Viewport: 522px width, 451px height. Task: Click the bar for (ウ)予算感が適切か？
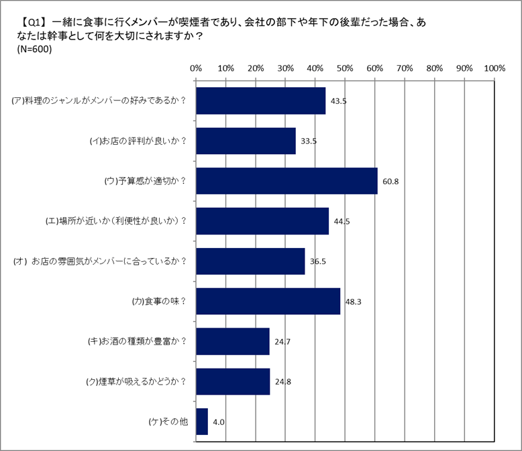[x=286, y=181]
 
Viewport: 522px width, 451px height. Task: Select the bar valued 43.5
[x=260, y=101]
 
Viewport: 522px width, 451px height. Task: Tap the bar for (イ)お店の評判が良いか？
[x=246, y=141]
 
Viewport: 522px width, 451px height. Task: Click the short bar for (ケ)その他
[x=202, y=422]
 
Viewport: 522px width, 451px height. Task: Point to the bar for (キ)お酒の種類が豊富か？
[x=232, y=341]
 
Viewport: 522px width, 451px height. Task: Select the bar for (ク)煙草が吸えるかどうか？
[x=232, y=381]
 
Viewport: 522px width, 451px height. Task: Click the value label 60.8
[x=389, y=181]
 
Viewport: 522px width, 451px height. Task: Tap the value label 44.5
[x=340, y=221]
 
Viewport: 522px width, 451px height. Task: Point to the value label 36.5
[x=317, y=261]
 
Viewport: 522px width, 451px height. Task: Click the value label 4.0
[x=218, y=422]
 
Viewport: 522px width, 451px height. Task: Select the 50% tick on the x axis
[x=345, y=68]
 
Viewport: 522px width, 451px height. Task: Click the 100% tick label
[x=494, y=68]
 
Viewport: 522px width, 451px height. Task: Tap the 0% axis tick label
[x=196, y=68]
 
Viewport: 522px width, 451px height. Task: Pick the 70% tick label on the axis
[x=405, y=68]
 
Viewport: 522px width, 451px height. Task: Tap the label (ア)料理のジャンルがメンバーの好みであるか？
[x=99, y=101]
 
